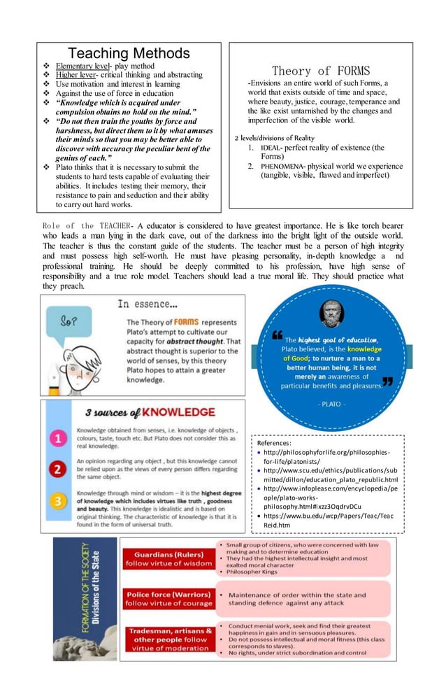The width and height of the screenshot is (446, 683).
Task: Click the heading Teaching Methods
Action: (x=129, y=53)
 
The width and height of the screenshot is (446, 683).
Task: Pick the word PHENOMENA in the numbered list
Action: (x=283, y=167)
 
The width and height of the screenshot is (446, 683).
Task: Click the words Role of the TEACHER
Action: (x=87, y=226)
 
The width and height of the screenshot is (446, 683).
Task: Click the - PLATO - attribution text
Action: (x=331, y=404)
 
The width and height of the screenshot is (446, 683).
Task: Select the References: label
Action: (x=274, y=443)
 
